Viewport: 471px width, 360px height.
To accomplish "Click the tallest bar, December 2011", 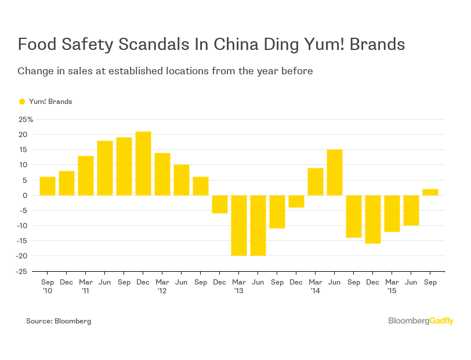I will click(x=143, y=163).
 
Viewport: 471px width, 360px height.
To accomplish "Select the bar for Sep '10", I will click(x=48, y=186).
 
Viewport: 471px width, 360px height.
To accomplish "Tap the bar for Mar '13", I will click(x=239, y=225).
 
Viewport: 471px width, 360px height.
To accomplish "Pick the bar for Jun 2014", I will click(x=335, y=172).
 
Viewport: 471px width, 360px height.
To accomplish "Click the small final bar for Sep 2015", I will click(x=430, y=192).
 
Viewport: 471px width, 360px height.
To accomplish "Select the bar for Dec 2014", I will click(x=373, y=219).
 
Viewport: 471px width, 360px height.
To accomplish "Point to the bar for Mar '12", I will click(x=162, y=174).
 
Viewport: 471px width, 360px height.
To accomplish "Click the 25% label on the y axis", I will click(x=26, y=120).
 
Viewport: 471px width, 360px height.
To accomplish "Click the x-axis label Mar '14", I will click(x=315, y=285).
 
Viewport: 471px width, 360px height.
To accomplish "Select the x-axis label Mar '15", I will click(x=392, y=285).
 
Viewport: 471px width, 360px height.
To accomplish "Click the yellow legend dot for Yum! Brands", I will click(x=22, y=102).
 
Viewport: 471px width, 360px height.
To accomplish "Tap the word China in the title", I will click(x=237, y=45).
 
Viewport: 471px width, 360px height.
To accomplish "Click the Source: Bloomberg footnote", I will click(x=59, y=321).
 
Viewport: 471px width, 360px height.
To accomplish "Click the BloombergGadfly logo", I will click(x=421, y=321).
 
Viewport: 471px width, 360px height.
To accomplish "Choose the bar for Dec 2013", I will click(x=296, y=201).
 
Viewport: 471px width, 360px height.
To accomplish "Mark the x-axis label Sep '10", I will click(x=48, y=285).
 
